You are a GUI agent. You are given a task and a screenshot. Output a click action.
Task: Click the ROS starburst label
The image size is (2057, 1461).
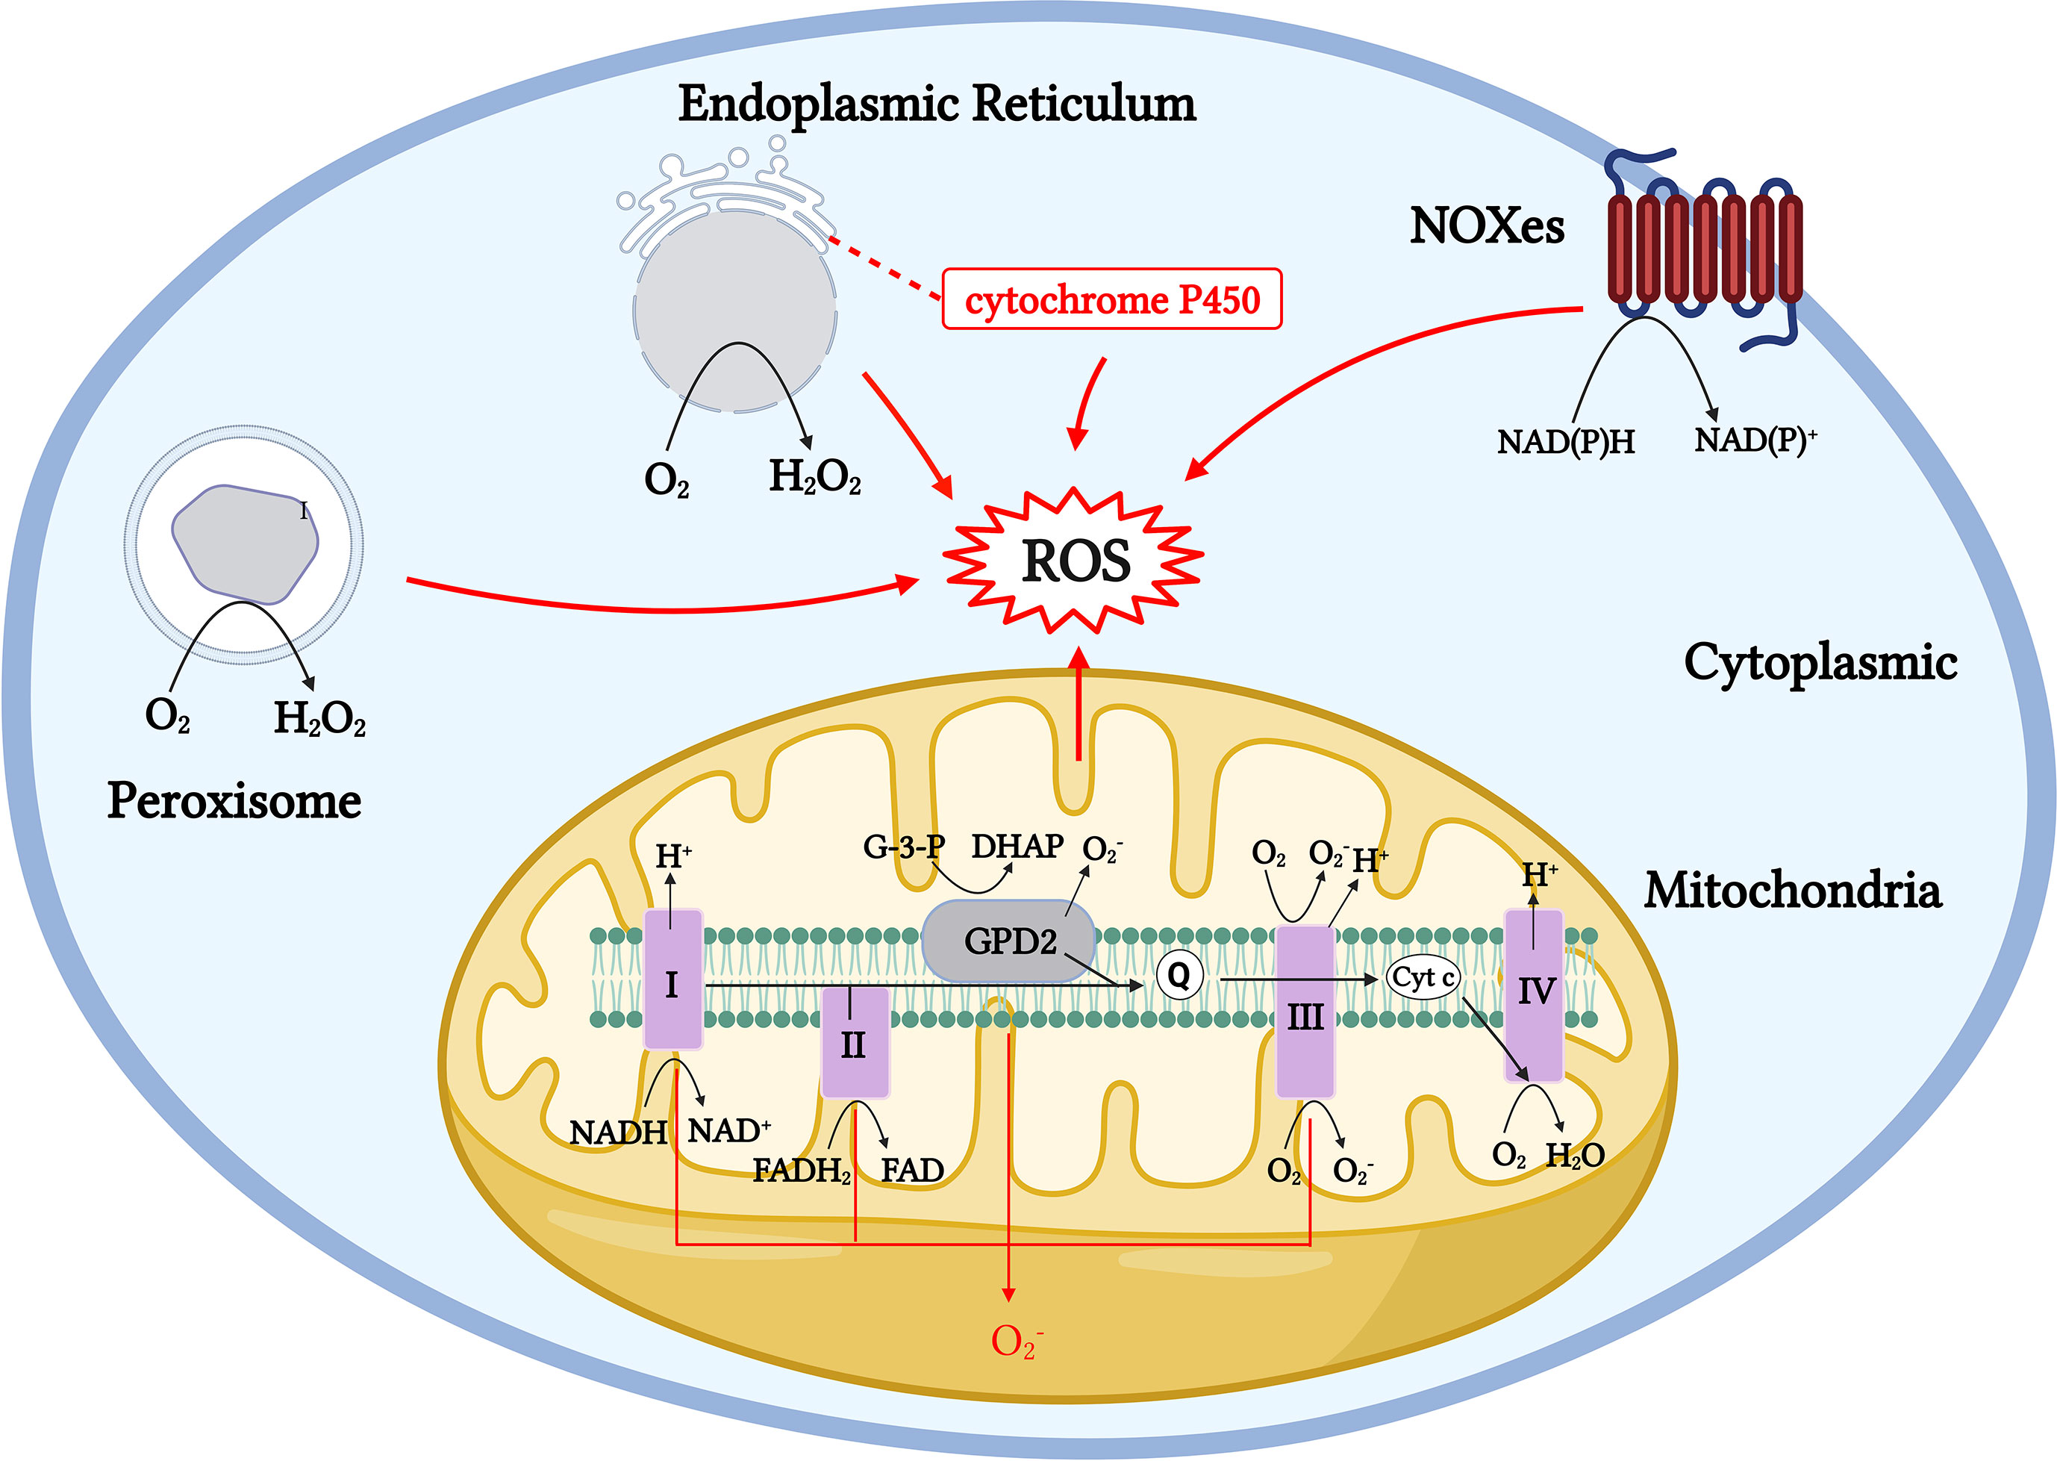point(1075,562)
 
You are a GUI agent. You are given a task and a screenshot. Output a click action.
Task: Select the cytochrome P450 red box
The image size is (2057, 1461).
point(1111,299)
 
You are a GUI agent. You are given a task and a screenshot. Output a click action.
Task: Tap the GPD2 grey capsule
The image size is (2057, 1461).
point(1009,941)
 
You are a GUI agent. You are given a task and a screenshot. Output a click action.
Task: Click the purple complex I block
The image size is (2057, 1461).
point(672,981)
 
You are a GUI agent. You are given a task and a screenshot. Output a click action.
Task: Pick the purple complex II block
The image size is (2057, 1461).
point(855,1044)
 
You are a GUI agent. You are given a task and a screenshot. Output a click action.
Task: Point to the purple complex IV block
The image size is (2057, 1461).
point(1535,994)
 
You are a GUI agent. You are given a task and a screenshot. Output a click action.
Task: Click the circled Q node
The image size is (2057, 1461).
point(1179,975)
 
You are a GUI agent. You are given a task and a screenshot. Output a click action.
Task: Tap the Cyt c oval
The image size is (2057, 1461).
point(1423,978)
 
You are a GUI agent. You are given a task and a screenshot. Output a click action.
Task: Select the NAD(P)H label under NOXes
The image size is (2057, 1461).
point(1566,442)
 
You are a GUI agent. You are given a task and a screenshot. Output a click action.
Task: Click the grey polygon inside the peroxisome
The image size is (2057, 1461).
point(245,543)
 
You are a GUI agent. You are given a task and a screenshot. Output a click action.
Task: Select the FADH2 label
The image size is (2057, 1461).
point(801,1171)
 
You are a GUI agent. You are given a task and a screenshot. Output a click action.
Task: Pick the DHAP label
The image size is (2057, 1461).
point(1017,847)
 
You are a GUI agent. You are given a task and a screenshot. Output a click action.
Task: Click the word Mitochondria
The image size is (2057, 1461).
point(1792,890)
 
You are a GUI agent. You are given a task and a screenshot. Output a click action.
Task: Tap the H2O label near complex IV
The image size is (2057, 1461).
point(1575,1155)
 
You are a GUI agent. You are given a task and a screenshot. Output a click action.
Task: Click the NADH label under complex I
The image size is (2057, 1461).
point(618,1133)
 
